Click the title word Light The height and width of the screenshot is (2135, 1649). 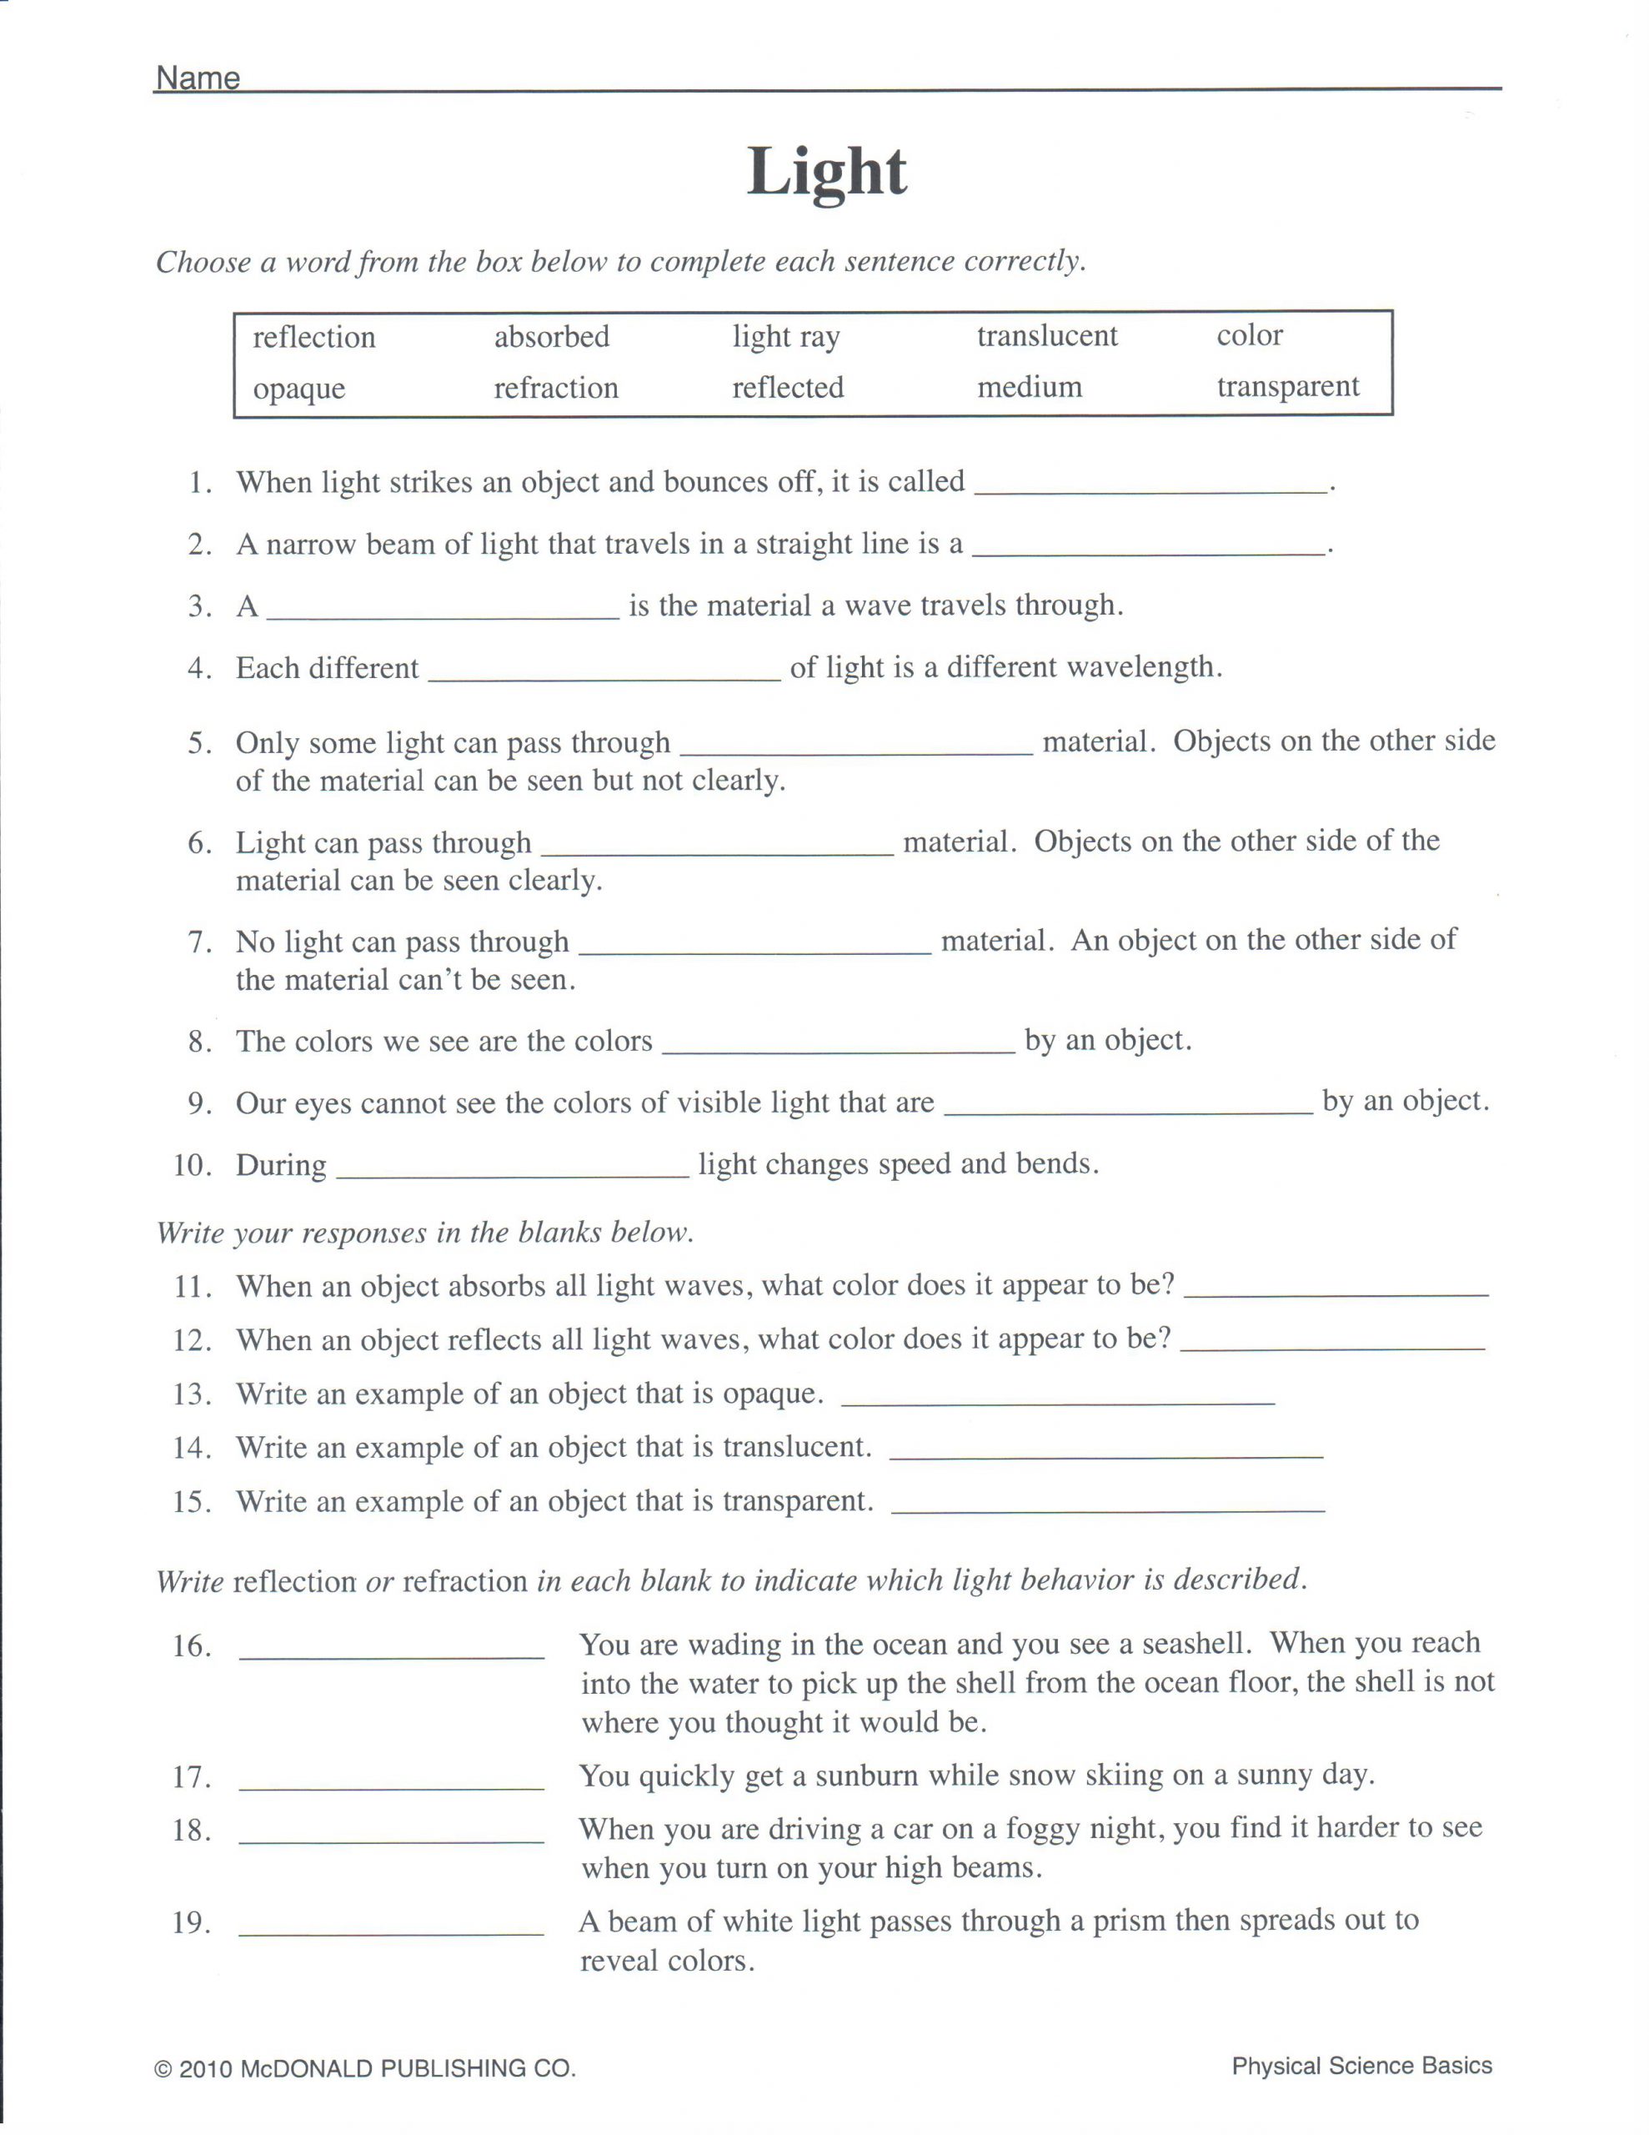click(x=827, y=173)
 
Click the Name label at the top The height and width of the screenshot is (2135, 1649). click(x=198, y=78)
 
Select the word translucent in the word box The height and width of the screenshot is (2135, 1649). click(x=1047, y=335)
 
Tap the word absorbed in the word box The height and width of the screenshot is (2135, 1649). click(x=551, y=336)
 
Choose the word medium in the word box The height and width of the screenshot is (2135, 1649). click(x=1030, y=387)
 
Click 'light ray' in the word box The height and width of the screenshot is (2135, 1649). click(x=786, y=336)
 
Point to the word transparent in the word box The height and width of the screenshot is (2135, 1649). click(x=1287, y=386)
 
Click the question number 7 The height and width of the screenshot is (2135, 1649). click(x=199, y=942)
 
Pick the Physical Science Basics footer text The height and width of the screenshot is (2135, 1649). click(x=1361, y=2066)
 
